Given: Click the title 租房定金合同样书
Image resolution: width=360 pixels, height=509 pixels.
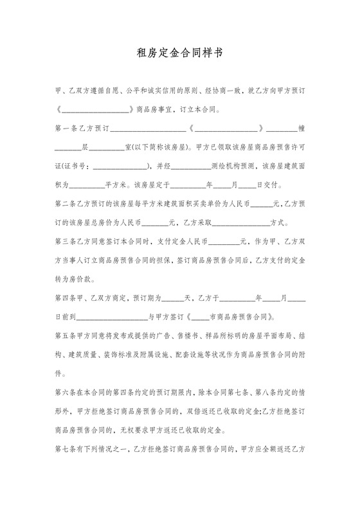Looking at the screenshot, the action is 180,54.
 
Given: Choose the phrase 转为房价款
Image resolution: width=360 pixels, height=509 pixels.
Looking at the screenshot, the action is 75,280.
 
